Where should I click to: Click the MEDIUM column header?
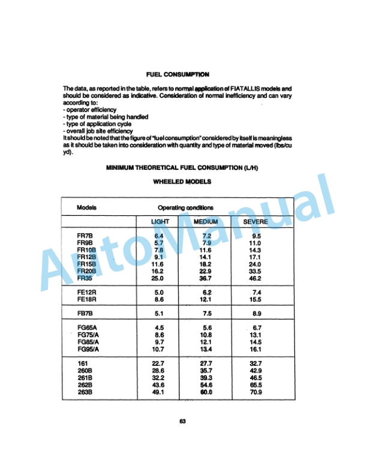pyautogui.click(x=207, y=222)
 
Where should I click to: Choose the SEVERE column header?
pyautogui.click(x=255, y=222)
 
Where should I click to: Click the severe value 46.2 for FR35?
pyautogui.click(x=256, y=278)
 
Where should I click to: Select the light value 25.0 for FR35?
pyautogui.click(x=158, y=278)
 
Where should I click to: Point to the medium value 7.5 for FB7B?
pyautogui.click(x=207, y=313)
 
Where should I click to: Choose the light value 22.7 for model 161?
pyautogui.click(x=158, y=363)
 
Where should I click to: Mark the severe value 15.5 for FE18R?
pyautogui.click(x=256, y=299)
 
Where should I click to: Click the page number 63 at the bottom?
pyautogui.click(x=182, y=421)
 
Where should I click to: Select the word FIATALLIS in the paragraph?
pyautogui.click(x=242, y=89)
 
